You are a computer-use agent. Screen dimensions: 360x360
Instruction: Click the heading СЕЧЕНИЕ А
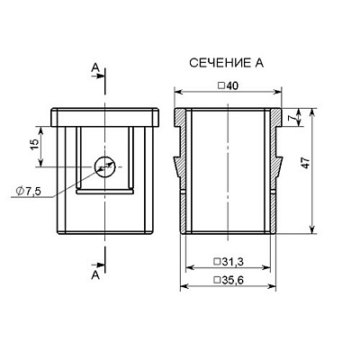coord(227,63)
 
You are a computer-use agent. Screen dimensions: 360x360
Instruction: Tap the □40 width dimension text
coord(228,85)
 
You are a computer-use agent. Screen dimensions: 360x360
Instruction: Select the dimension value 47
coord(305,163)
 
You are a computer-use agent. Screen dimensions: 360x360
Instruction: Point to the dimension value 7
coord(290,118)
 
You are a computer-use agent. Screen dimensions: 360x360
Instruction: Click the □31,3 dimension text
coord(229,262)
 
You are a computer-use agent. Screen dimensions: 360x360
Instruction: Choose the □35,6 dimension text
coord(229,280)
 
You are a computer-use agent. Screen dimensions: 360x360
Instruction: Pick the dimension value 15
coord(35,145)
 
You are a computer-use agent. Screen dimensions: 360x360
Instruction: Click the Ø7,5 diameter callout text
coord(29,191)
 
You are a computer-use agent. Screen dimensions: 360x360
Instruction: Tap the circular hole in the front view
coord(105,166)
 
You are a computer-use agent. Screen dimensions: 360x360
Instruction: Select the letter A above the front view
coord(95,67)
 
